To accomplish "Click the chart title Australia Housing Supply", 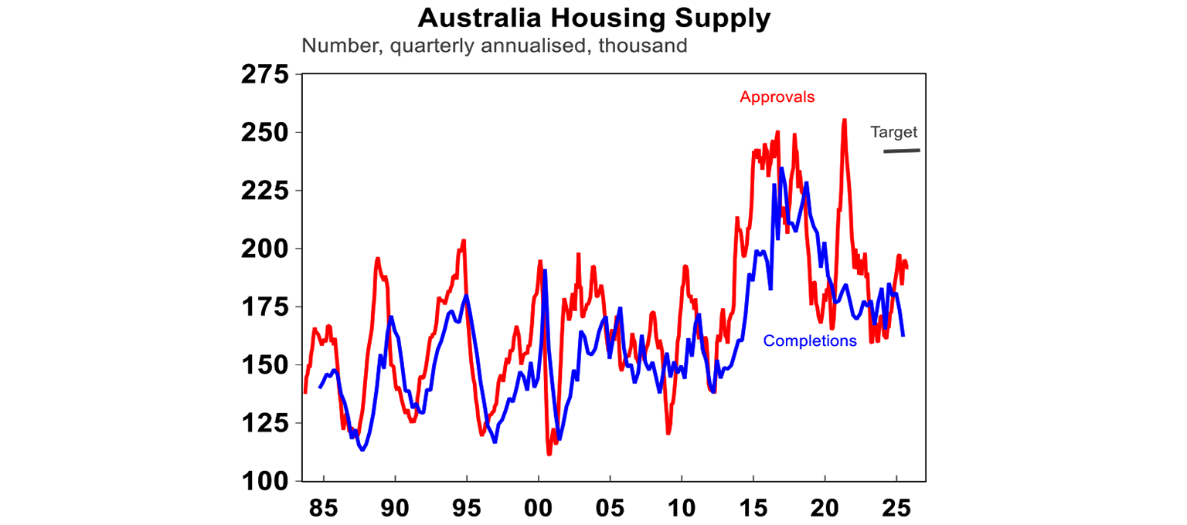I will point(593,18).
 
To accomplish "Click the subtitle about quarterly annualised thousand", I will point(494,46).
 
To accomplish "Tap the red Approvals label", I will point(777,97).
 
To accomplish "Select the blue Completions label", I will point(810,340).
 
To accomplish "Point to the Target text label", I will point(893,132).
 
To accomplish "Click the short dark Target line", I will point(901,151).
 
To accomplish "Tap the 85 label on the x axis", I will point(323,510).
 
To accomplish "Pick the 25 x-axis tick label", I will point(896,510).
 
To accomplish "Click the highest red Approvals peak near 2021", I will point(844,120).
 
